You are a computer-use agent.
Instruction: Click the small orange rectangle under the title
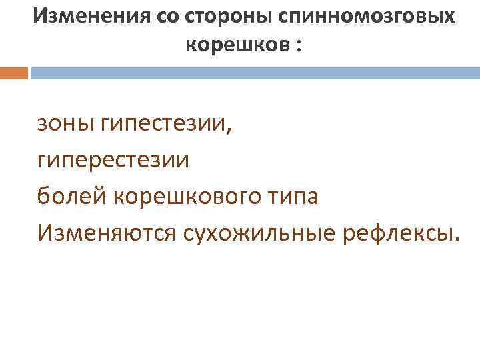coord(13,73)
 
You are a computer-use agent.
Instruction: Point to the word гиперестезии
coord(113,161)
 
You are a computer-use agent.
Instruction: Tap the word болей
coord(71,197)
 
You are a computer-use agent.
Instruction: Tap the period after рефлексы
coord(457,241)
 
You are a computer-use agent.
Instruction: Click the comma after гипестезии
coord(231,131)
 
